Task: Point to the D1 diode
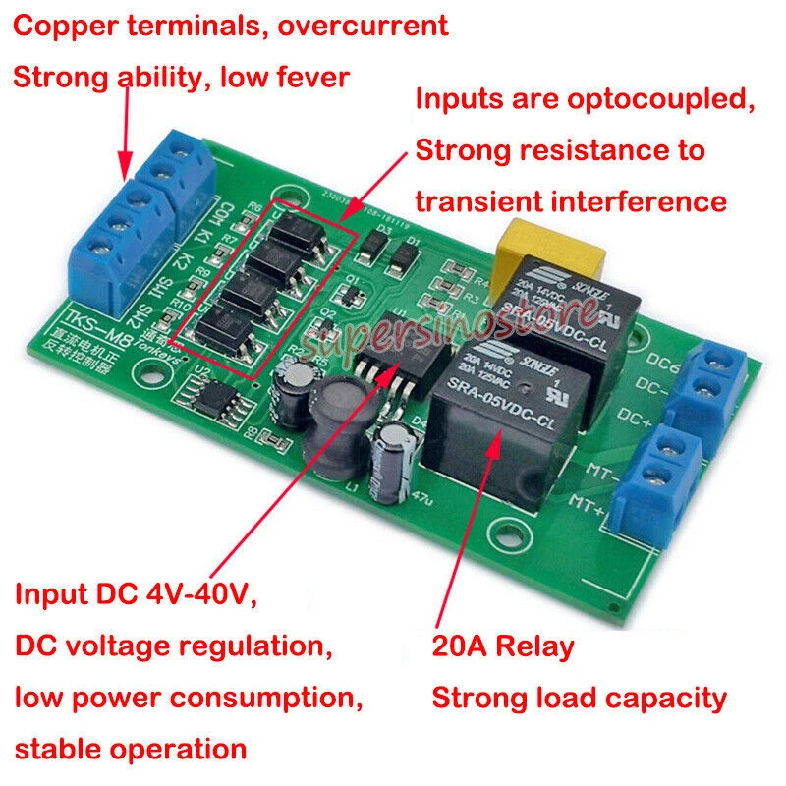[401, 257]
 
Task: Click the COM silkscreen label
[223, 210]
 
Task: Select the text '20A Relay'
[503, 646]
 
